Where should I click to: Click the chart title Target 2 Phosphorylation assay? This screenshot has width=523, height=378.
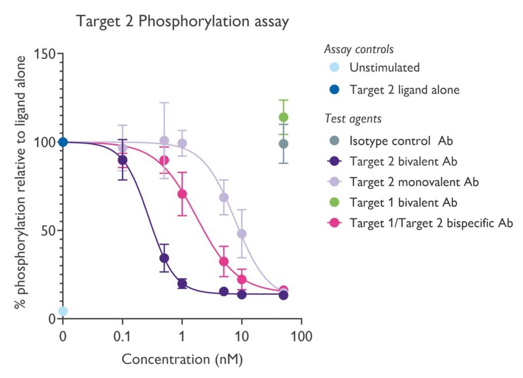pos(182,21)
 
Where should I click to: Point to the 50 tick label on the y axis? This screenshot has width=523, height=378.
pos(47,230)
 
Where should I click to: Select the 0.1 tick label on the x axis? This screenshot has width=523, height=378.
pos(122,338)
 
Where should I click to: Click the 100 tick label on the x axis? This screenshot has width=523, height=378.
pos(301,338)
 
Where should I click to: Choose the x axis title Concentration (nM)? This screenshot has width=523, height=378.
pos(182,359)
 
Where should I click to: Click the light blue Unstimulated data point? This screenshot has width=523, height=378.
pos(63,311)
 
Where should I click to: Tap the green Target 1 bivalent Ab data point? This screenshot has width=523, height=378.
pos(283,117)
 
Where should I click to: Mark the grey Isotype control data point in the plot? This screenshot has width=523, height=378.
pos(283,144)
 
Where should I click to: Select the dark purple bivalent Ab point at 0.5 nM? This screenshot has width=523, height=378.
pos(164,258)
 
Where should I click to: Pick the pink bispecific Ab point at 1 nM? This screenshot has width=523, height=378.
pos(182,194)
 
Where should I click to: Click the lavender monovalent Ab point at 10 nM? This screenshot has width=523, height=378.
pos(242,234)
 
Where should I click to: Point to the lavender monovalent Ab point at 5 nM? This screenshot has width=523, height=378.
pos(224,197)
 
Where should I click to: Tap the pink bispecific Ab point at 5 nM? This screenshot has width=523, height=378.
pos(224,262)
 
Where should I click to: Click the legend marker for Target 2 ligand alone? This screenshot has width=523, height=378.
pos(334,90)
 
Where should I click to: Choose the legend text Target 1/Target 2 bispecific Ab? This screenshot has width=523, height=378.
pos(431,223)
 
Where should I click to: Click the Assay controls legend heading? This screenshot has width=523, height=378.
pos(359,50)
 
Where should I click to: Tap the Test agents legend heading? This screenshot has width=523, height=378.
pos(353,119)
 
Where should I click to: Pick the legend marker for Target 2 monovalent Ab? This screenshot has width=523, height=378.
pos(334,181)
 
